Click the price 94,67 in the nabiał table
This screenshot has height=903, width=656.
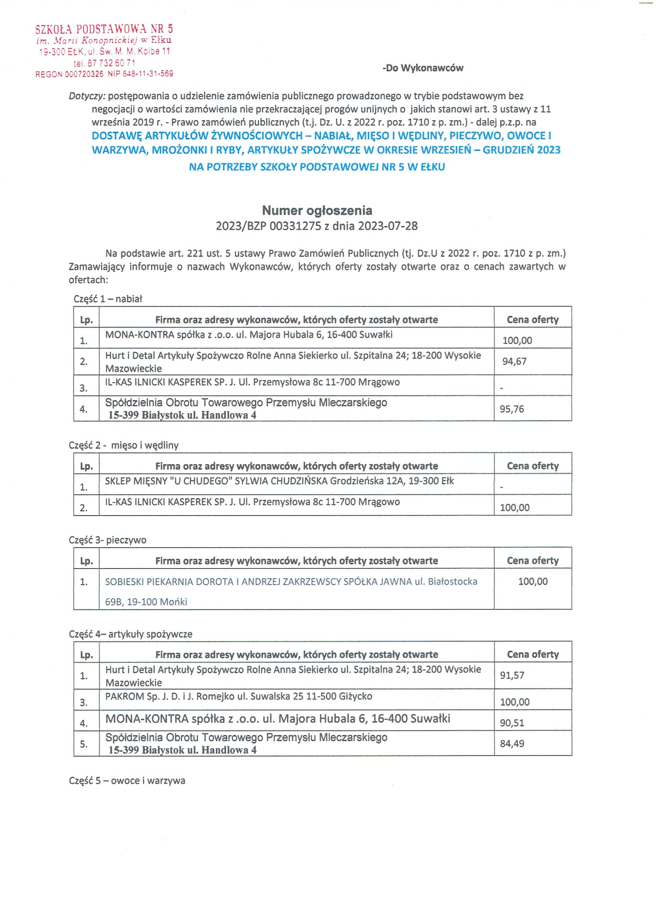tap(514, 361)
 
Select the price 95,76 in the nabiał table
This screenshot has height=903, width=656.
tap(512, 409)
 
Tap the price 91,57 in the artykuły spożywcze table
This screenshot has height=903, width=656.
tap(512, 675)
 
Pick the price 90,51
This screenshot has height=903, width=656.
tap(512, 722)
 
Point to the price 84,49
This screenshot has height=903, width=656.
tap(512, 743)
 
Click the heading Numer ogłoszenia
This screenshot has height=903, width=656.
tap(317, 210)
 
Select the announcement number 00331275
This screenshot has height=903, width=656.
tap(295, 226)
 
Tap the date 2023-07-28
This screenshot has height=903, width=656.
tap(387, 226)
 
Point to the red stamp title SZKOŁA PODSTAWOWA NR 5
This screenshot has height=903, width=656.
tap(104, 29)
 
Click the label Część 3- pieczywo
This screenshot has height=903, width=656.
tap(107, 540)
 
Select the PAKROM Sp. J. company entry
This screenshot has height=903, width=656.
tap(238, 696)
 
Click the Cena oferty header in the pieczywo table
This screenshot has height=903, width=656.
tap(532, 560)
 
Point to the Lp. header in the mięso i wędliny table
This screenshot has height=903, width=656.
tap(86, 466)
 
